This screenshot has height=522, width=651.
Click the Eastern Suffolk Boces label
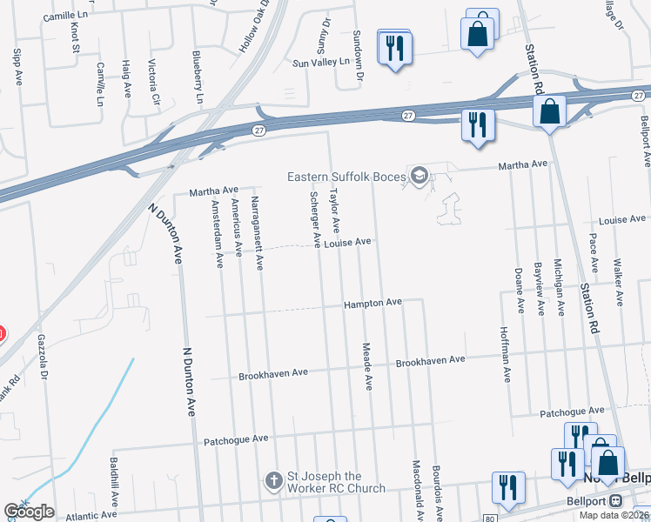tap(347, 177)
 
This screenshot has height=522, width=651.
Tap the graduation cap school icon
tap(419, 177)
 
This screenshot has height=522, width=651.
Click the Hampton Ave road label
tap(372, 302)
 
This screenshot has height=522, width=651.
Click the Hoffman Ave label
tap(505, 354)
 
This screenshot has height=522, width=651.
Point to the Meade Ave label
tap(367, 365)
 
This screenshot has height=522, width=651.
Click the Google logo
tap(29, 512)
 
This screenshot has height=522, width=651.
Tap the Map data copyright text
tap(614, 515)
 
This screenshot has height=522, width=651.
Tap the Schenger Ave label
tap(316, 213)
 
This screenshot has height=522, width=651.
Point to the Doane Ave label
tap(519, 290)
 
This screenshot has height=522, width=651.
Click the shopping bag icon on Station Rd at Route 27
tap(550, 111)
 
